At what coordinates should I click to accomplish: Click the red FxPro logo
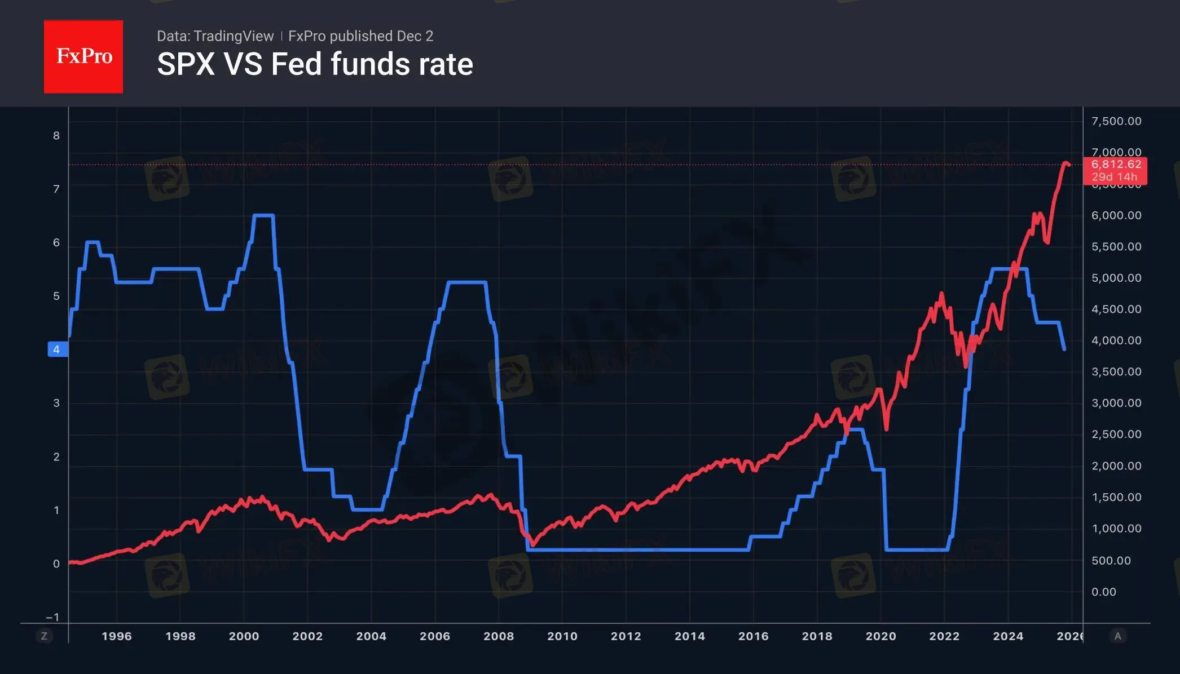pyautogui.click(x=83, y=56)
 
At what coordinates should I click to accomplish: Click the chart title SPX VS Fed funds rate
pyautogui.click(x=315, y=64)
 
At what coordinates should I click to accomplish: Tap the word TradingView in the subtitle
pyautogui.click(x=233, y=36)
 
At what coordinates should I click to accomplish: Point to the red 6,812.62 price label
pyautogui.click(x=1116, y=165)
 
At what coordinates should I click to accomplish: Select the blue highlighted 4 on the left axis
pyautogui.click(x=57, y=349)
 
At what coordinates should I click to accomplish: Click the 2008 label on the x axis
pyautogui.click(x=498, y=636)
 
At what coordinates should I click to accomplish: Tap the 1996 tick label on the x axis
pyautogui.click(x=116, y=636)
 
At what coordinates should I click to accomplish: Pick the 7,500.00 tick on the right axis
pyautogui.click(x=1116, y=121)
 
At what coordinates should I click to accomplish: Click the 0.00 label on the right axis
pyautogui.click(x=1103, y=592)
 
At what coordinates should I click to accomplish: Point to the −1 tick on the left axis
pyautogui.click(x=52, y=617)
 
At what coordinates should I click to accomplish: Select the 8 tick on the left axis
pyautogui.click(x=56, y=135)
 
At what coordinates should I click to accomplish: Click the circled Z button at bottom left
pyautogui.click(x=44, y=636)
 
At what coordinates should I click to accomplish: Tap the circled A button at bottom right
pyautogui.click(x=1117, y=636)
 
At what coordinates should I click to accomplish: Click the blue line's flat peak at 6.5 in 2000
pyautogui.click(x=263, y=215)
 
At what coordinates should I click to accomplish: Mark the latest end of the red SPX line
pyautogui.click(x=1069, y=165)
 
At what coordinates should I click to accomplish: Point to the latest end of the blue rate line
pyautogui.click(x=1064, y=349)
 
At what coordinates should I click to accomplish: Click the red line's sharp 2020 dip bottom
pyautogui.click(x=887, y=429)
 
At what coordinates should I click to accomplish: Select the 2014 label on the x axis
pyautogui.click(x=689, y=636)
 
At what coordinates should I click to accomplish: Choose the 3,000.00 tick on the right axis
pyautogui.click(x=1116, y=403)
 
